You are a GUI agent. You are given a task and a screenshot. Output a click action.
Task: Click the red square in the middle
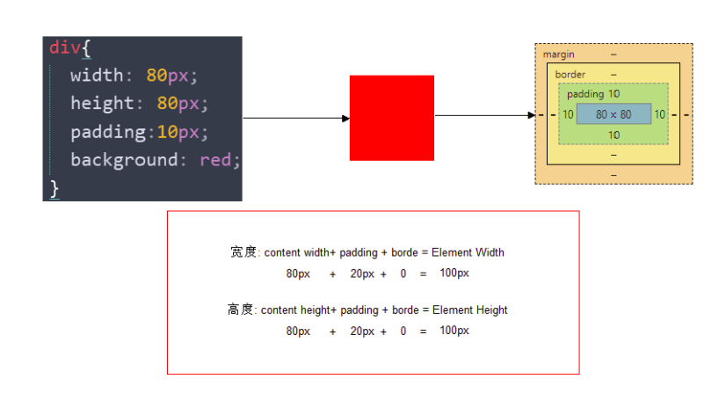[391, 118]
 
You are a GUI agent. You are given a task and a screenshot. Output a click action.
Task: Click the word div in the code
[64, 47]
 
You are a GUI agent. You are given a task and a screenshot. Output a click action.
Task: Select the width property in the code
[97, 76]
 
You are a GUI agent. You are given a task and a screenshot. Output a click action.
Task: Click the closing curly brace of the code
[54, 187]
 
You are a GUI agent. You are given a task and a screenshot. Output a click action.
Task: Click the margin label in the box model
[558, 55]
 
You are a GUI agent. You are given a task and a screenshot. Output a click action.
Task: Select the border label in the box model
[570, 75]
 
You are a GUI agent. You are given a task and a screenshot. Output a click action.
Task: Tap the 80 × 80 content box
[613, 114]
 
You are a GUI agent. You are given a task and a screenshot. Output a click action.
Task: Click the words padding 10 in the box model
[592, 94]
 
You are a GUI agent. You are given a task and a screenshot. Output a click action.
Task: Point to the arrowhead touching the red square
[345, 118]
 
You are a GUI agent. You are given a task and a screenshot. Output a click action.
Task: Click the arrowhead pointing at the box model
[531, 115]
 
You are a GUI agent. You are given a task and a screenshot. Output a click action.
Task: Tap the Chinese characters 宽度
[243, 252]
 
